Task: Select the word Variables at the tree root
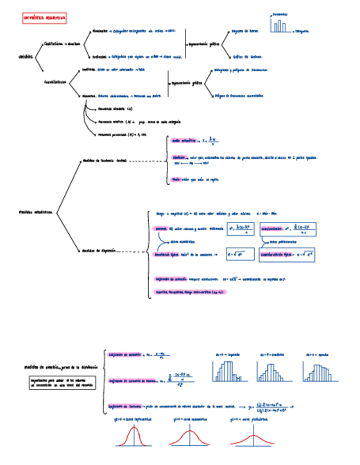click(25, 56)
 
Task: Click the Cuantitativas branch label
click(55, 82)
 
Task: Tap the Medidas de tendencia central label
click(104, 161)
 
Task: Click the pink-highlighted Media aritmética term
click(184, 141)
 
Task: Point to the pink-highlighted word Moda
click(176, 179)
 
